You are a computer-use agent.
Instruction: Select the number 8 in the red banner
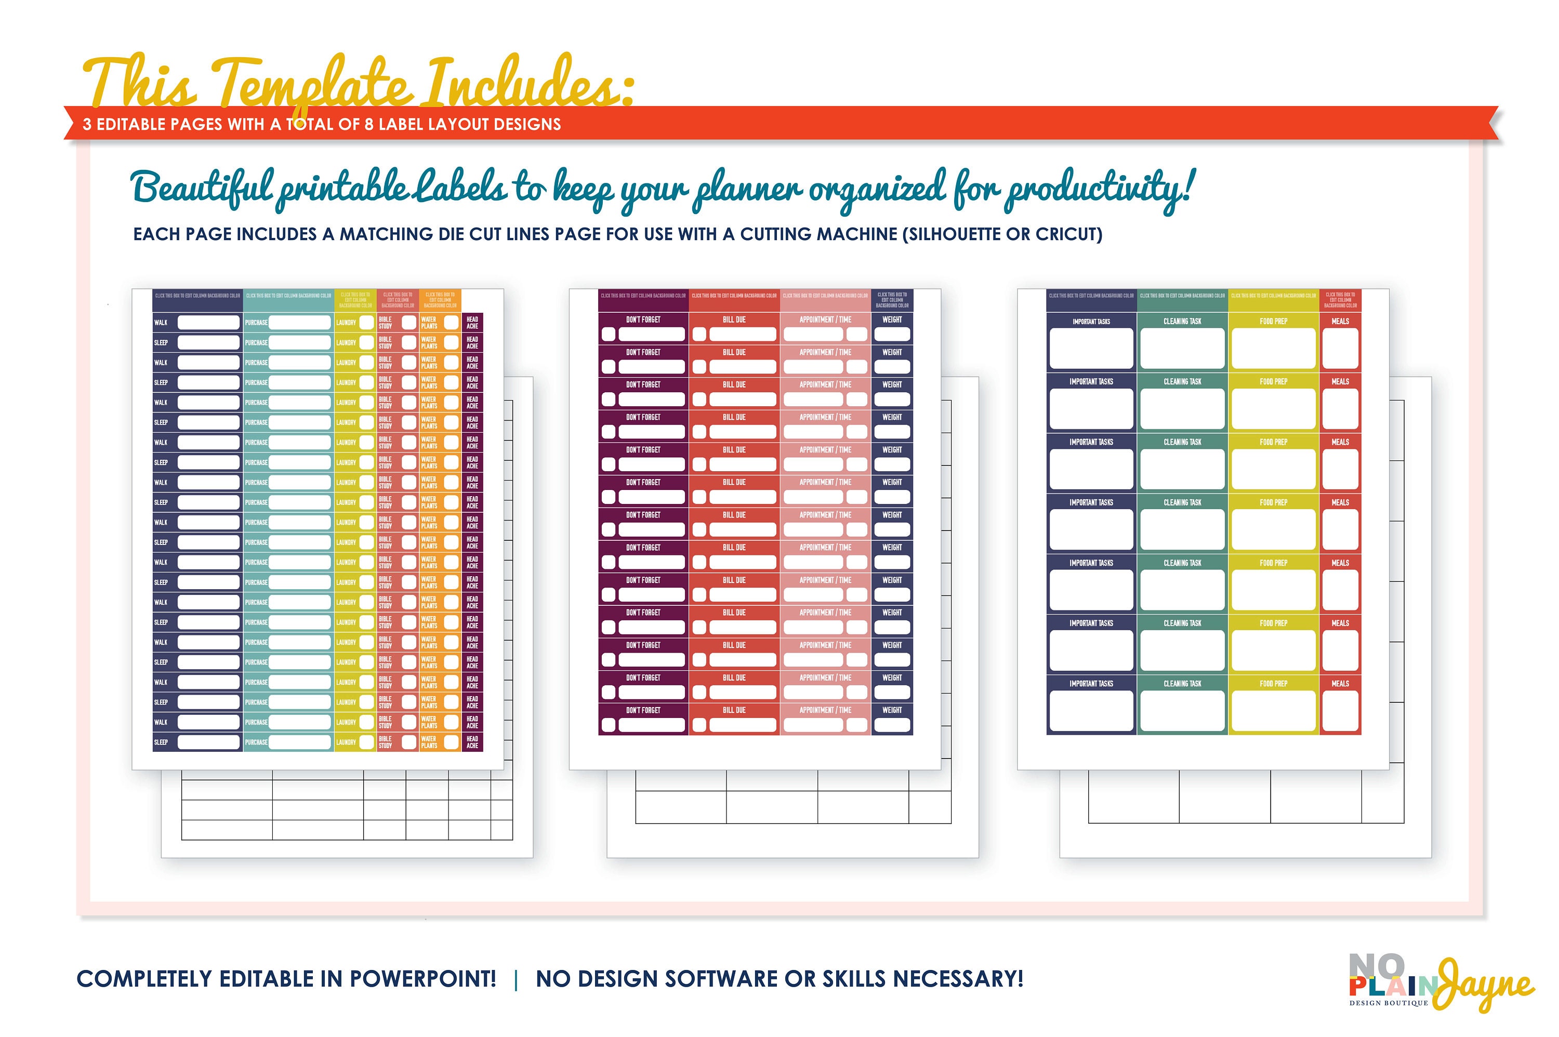click(x=368, y=124)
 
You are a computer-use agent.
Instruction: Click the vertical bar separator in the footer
click(x=516, y=979)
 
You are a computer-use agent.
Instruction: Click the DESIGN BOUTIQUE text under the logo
click(x=1389, y=1003)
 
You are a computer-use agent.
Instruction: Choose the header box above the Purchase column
click(x=288, y=296)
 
